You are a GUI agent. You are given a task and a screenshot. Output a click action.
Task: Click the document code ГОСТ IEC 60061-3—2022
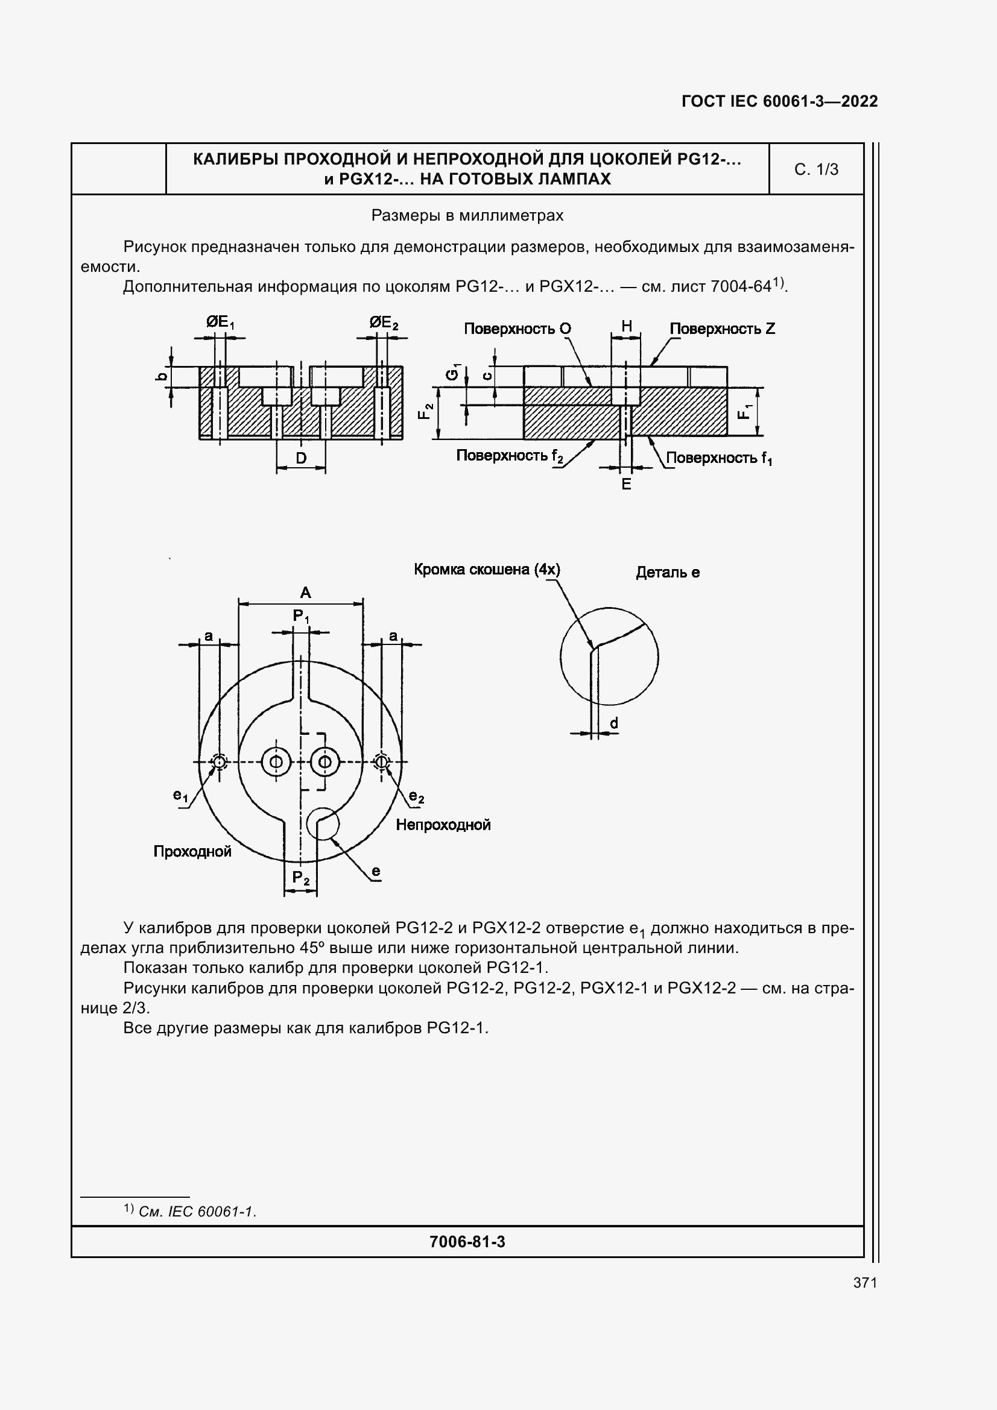[x=779, y=101]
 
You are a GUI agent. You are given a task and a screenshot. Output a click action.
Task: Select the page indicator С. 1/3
[x=816, y=169]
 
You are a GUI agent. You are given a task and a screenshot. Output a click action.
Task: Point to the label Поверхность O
[x=517, y=329]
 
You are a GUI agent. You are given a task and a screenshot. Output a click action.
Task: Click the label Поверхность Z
[x=722, y=329]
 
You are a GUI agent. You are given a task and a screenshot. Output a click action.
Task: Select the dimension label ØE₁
[x=220, y=322]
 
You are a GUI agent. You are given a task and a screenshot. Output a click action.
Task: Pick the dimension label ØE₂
[x=384, y=323]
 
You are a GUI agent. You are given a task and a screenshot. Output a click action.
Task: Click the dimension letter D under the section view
[x=301, y=458]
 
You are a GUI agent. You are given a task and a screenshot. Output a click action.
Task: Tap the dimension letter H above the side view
[x=626, y=326]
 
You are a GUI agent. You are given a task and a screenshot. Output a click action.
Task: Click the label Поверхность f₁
[x=719, y=458]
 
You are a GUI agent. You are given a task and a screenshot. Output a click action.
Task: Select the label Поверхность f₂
[x=509, y=456]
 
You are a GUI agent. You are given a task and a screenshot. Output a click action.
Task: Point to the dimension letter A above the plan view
[x=305, y=593]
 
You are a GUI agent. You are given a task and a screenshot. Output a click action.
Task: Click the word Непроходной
[x=443, y=825]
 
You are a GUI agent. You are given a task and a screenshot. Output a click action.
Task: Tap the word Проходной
[x=192, y=851]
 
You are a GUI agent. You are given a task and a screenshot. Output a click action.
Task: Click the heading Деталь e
[x=667, y=572]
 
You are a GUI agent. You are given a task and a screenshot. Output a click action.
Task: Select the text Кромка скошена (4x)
[x=487, y=569]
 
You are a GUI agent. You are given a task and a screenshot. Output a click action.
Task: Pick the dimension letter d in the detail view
[x=613, y=724]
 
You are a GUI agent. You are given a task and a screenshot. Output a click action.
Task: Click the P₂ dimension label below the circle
[x=300, y=878]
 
